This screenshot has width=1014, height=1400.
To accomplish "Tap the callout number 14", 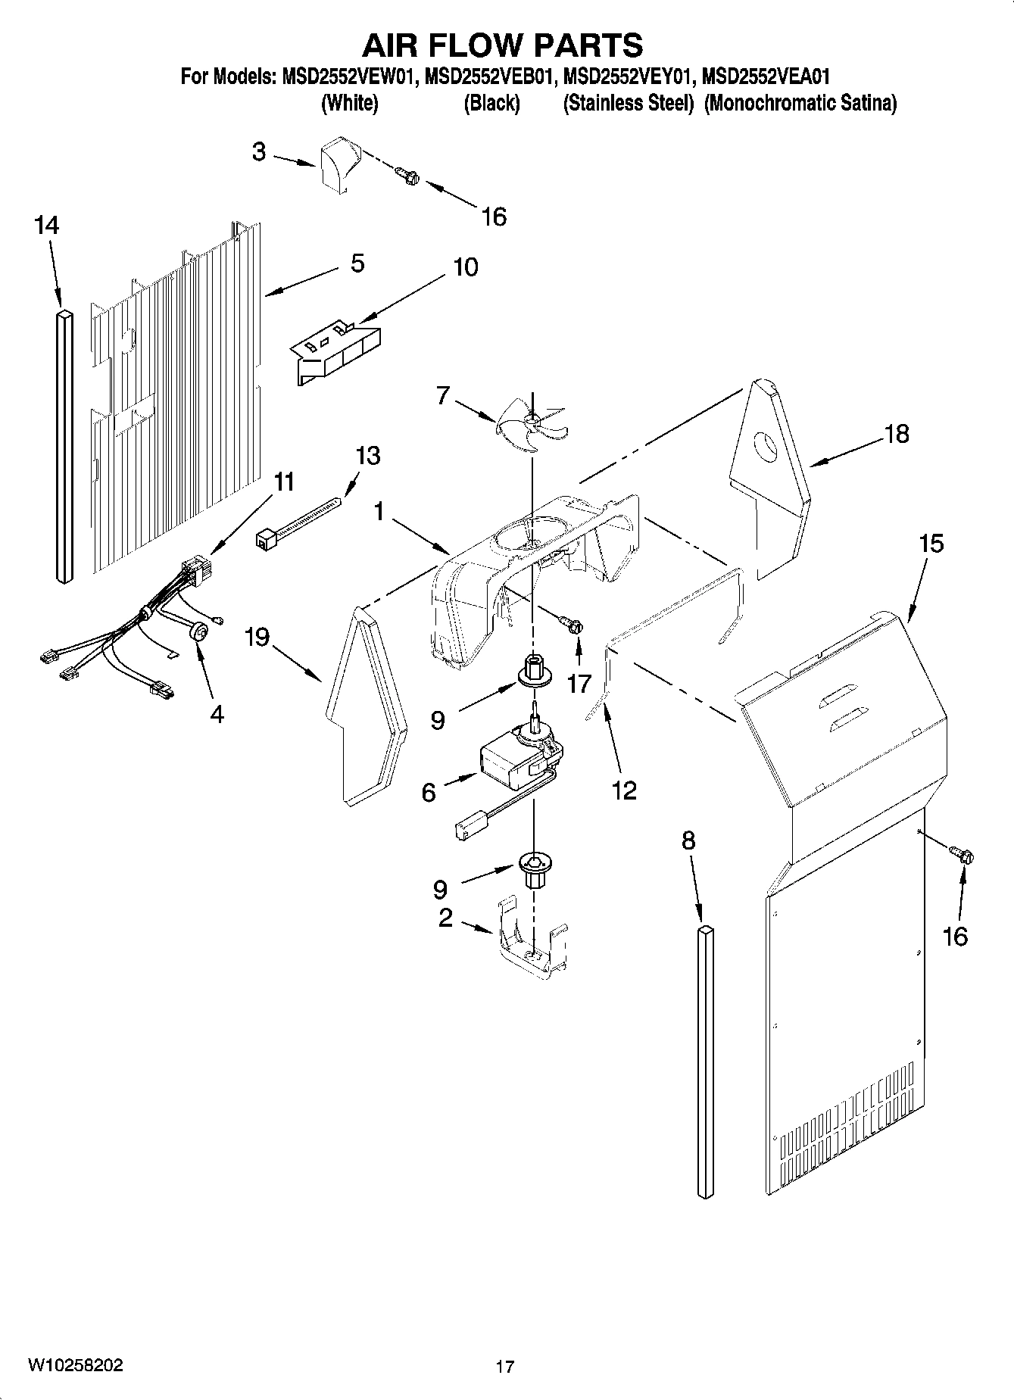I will coord(47,225).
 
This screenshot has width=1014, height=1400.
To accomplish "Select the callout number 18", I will coord(897,434).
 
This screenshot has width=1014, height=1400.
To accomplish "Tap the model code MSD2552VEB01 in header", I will coord(492,76).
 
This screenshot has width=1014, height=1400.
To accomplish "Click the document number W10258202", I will coord(75,1365).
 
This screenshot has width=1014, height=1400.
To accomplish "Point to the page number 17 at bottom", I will coord(505,1367).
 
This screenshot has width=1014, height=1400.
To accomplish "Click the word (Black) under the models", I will coord(491,103).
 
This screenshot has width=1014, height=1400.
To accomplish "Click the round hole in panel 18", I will coord(766,447).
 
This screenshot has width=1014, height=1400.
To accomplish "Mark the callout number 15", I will coord(931,544).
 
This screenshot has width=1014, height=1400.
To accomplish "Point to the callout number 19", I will coord(257,638).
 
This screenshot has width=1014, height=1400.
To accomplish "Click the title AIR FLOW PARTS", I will coord(503,45).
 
